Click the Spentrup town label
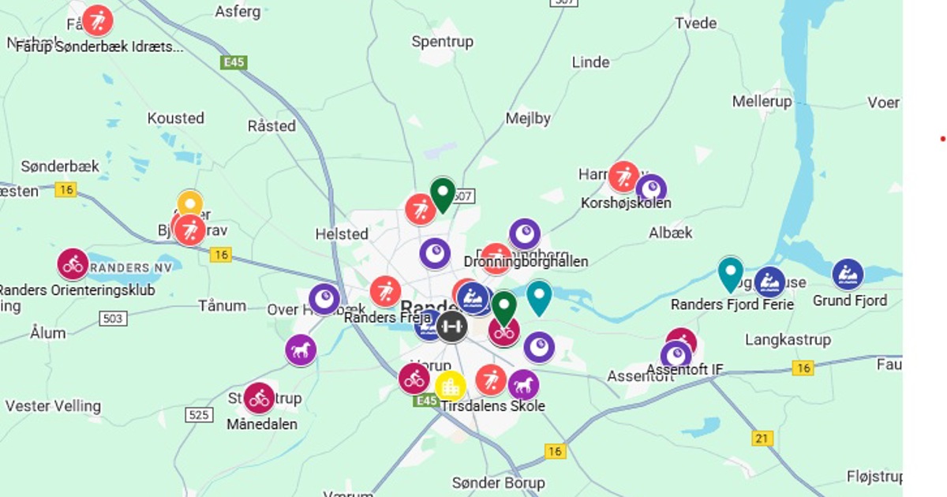pos(442,41)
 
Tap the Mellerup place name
pos(762,101)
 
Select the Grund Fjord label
pos(850,301)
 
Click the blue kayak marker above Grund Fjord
pos(848,275)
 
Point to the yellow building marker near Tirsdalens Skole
pos(450,386)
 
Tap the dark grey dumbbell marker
pos(451,326)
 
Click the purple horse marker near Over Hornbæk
pos(301,349)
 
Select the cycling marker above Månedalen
pos(259,398)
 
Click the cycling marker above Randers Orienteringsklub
pos(73,264)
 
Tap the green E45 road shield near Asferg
pos(234,62)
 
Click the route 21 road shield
pos(762,439)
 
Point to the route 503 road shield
pos(113,318)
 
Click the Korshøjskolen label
pos(626,204)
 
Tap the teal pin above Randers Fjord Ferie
pos(731,274)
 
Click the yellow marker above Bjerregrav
pos(190,204)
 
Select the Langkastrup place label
pos(788,340)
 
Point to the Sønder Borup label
pos(498,482)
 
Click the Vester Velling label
pos(53,406)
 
